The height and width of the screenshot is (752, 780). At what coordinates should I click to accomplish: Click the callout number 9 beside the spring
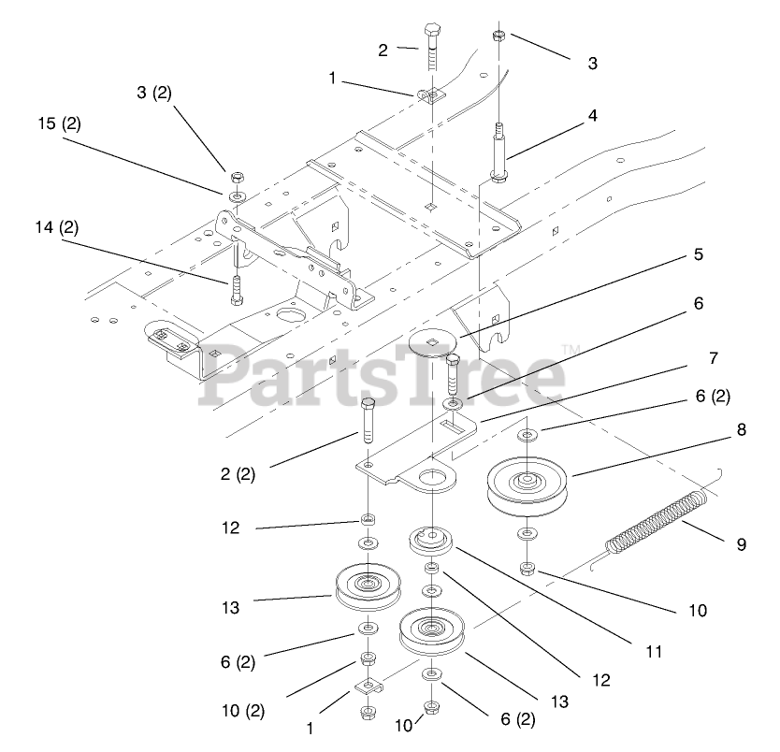(741, 544)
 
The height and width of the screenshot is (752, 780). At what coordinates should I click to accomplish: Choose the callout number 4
(713, 358)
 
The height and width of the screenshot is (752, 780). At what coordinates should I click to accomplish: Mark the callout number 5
(698, 254)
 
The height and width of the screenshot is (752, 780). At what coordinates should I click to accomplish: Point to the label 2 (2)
(238, 474)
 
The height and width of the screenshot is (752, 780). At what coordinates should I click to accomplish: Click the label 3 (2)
(154, 94)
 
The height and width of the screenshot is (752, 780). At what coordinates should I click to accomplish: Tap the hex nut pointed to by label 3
(498, 36)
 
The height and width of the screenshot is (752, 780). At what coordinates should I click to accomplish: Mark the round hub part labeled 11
(430, 541)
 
